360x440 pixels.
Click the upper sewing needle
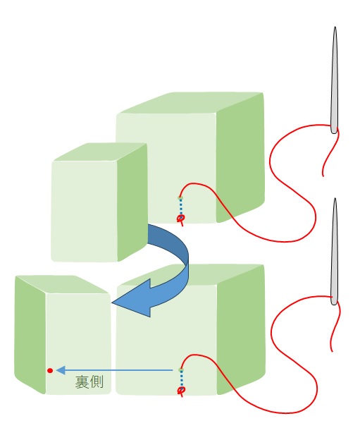coord(334,81)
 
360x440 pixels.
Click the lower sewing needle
coord(334,252)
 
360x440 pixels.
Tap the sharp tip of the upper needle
coord(335,28)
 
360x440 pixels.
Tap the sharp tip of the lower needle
coord(335,199)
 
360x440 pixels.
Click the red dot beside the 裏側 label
coord(50,371)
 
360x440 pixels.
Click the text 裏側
coord(89,381)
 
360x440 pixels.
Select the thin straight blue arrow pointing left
coord(114,370)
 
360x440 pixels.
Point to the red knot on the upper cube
coord(181,219)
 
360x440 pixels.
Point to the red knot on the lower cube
coord(181,391)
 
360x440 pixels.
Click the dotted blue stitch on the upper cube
coord(181,207)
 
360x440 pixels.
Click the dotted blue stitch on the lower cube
coord(181,379)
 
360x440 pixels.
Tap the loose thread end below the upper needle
coord(323,176)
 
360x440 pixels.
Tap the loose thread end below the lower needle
coord(332,350)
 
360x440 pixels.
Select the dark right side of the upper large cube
coord(240,157)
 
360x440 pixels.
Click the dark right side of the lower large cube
coord(241,330)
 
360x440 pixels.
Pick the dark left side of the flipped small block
coord(30,334)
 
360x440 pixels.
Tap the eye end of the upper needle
coord(334,130)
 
